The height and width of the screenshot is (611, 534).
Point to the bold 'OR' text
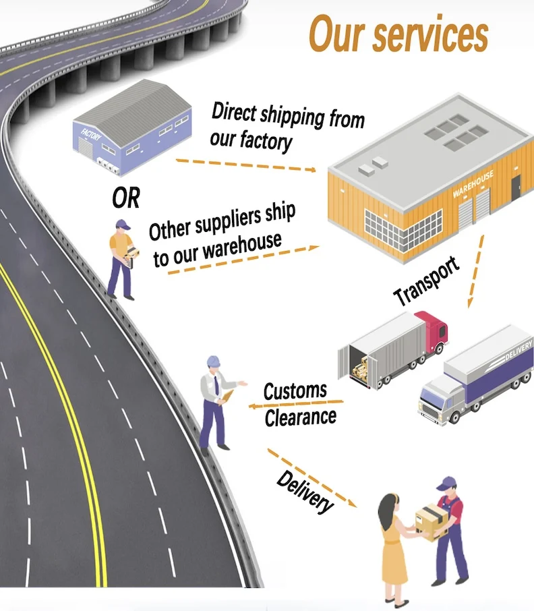(126, 198)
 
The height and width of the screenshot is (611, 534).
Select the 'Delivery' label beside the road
(305, 492)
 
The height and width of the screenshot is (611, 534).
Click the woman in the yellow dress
(394, 546)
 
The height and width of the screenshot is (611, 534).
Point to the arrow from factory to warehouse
(245, 165)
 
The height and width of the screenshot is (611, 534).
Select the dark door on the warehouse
(515, 187)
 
